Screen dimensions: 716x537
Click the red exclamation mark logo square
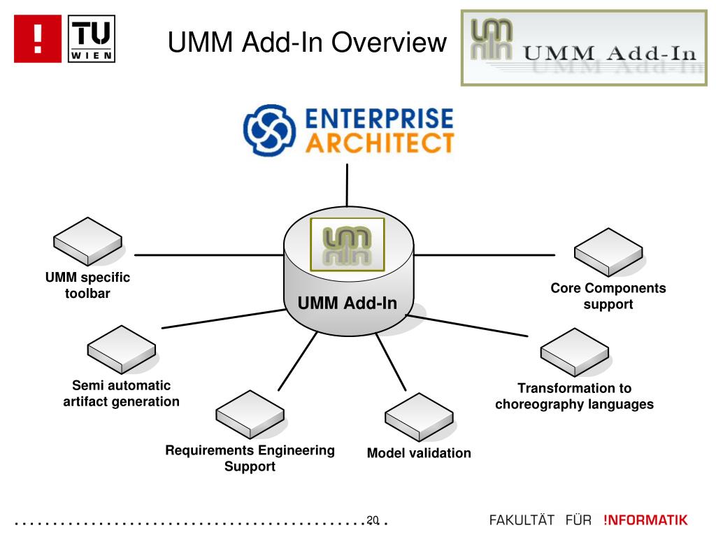pyautogui.click(x=38, y=39)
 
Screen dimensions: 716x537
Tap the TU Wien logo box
pyautogui.click(x=92, y=39)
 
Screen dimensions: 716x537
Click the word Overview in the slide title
pyautogui.click(x=389, y=43)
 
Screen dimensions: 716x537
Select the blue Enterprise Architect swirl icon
pyautogui.click(x=269, y=131)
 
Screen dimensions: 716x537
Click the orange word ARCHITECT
pyautogui.click(x=380, y=143)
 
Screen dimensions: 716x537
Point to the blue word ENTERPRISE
pyautogui.click(x=379, y=118)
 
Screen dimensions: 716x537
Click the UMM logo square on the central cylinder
pyautogui.click(x=347, y=245)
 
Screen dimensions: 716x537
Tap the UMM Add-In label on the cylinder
pyautogui.click(x=348, y=303)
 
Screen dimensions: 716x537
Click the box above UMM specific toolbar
pyautogui.click(x=87, y=241)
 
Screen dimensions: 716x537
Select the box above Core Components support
pyautogui.click(x=608, y=252)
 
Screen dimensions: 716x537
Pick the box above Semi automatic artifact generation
pyautogui.click(x=122, y=350)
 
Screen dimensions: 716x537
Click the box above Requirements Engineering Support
pyautogui.click(x=250, y=415)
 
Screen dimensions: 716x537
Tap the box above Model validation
pyautogui.click(x=420, y=417)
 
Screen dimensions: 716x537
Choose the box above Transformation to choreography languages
pyautogui.click(x=575, y=352)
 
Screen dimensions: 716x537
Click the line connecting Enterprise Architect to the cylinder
pyautogui.click(x=347, y=185)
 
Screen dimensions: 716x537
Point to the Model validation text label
pyautogui.click(x=420, y=453)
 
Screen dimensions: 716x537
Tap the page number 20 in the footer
pyautogui.click(x=373, y=520)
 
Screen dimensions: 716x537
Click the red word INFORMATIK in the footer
pyautogui.click(x=645, y=520)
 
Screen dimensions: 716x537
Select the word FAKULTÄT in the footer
pyautogui.click(x=522, y=520)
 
